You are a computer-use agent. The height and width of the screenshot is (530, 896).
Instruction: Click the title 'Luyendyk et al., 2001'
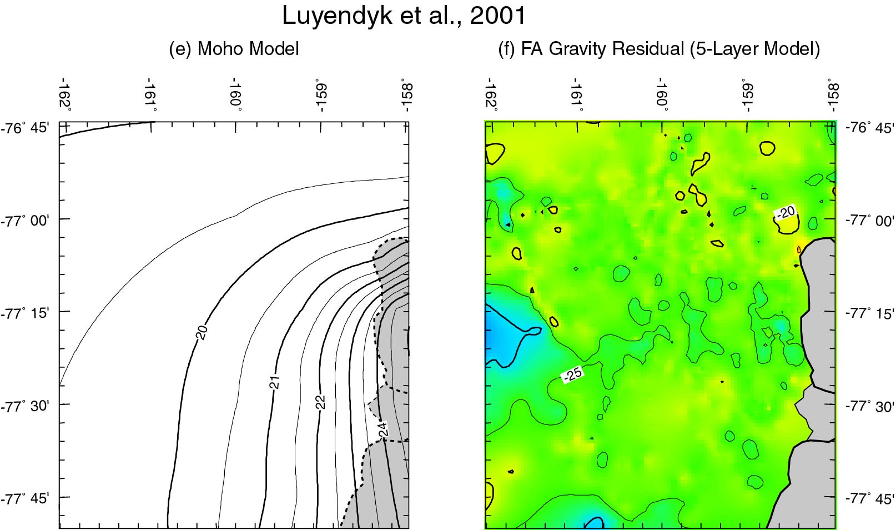click(404, 17)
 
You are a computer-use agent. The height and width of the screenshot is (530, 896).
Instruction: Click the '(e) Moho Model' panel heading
click(234, 49)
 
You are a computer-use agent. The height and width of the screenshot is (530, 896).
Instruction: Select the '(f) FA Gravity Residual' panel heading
click(660, 49)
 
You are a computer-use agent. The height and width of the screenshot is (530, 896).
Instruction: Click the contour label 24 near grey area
click(383, 428)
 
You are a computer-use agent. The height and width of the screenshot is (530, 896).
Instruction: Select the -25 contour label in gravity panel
click(572, 375)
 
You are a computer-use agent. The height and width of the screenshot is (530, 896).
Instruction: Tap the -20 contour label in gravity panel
click(786, 212)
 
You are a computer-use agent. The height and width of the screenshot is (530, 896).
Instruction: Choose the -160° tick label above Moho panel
click(237, 97)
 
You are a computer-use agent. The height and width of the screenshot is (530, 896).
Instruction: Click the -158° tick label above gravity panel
click(833, 97)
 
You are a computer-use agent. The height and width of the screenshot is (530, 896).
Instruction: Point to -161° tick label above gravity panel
click(577, 97)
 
